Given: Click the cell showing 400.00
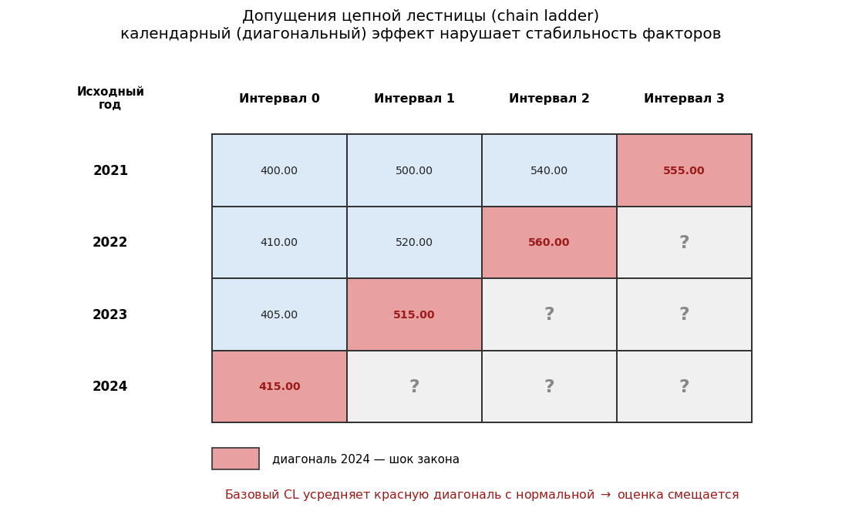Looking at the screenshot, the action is pyautogui.click(x=279, y=170).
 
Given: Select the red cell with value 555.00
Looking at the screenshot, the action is pyautogui.click(x=684, y=170).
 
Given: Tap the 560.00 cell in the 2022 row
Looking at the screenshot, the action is pyautogui.click(x=549, y=242).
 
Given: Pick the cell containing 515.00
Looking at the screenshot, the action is pyautogui.click(x=414, y=314).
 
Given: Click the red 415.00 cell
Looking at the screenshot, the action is pyautogui.click(x=279, y=386).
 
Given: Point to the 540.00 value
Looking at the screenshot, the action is pyautogui.click(x=549, y=170).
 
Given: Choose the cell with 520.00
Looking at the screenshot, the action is pyautogui.click(x=414, y=242).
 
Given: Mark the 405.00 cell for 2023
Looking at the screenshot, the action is pyautogui.click(x=279, y=314).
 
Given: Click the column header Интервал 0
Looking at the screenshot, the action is pyautogui.click(x=279, y=98).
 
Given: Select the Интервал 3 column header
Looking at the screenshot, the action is pyautogui.click(x=684, y=98).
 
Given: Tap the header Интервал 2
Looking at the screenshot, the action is pyautogui.click(x=549, y=98).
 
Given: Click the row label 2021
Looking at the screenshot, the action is pyautogui.click(x=110, y=170).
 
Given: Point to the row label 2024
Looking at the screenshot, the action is pyautogui.click(x=110, y=386).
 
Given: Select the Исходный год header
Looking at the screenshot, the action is pyautogui.click(x=110, y=98).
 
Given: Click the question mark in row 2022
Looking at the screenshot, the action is pyautogui.click(x=684, y=242).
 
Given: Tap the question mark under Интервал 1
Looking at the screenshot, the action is pyautogui.click(x=414, y=386).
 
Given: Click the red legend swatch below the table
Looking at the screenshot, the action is pyautogui.click(x=235, y=459).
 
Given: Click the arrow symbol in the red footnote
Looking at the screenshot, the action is pyautogui.click(x=606, y=495).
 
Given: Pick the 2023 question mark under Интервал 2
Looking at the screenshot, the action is pyautogui.click(x=549, y=314).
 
